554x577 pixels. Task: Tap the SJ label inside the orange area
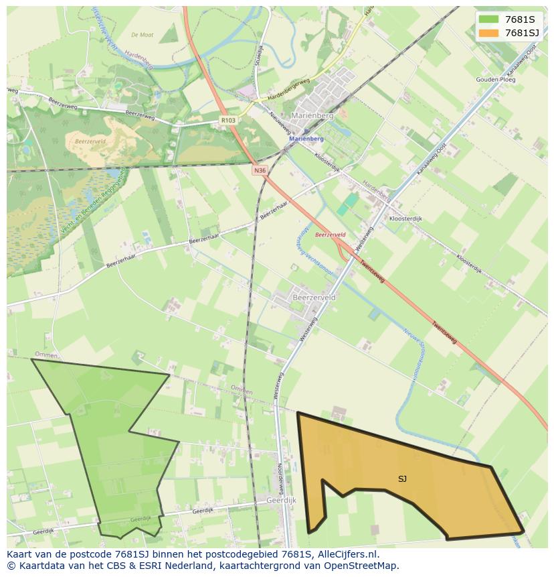(x=402, y=478)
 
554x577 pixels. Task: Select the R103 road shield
(x=228, y=121)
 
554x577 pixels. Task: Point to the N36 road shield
(x=260, y=171)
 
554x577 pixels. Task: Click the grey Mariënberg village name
(x=313, y=115)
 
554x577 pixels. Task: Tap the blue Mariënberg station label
(x=306, y=139)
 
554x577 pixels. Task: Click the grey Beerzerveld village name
(x=314, y=296)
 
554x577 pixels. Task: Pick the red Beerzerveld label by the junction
(x=330, y=235)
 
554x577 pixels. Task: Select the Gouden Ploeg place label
(x=496, y=80)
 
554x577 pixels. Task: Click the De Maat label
(x=142, y=35)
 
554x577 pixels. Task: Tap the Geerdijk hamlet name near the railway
(x=281, y=501)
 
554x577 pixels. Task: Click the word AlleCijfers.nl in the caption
(x=348, y=555)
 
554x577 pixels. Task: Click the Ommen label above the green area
(x=46, y=355)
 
